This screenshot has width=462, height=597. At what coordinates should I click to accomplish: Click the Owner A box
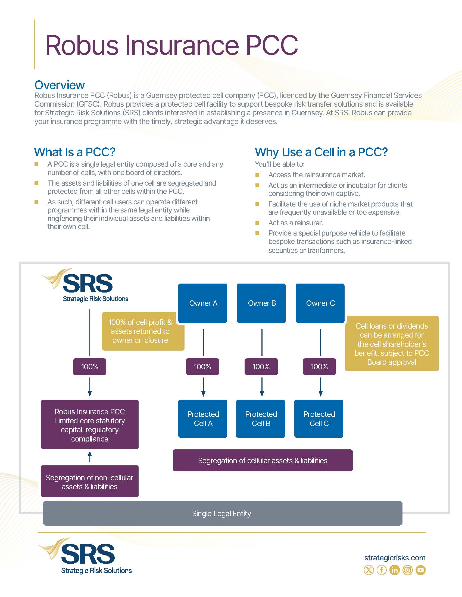[x=203, y=303]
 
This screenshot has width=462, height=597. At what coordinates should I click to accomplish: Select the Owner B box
[x=261, y=303]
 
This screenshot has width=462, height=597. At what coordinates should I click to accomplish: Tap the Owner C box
[x=320, y=303]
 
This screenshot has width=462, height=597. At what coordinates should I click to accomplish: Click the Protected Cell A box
[x=203, y=418]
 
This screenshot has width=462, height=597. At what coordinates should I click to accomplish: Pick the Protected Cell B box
[x=261, y=418]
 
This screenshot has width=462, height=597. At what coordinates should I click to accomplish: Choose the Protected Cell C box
[x=319, y=418]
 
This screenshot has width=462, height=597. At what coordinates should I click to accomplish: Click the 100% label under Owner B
[x=261, y=367]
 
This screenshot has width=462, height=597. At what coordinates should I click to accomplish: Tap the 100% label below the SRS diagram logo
[x=89, y=367]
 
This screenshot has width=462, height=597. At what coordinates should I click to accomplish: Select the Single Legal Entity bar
[x=222, y=513]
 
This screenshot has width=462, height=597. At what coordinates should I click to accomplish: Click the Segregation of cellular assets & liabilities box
[x=263, y=461]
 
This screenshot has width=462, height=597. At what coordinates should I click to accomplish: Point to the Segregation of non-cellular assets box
[x=89, y=482]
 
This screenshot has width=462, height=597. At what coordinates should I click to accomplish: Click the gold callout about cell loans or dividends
[x=392, y=344]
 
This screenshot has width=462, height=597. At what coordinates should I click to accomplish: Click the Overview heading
[x=60, y=85]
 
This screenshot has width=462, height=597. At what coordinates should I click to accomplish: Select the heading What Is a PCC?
[x=75, y=152]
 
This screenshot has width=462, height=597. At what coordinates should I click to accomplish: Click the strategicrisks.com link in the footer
[x=395, y=558]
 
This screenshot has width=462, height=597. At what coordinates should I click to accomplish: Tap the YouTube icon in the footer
[x=420, y=570]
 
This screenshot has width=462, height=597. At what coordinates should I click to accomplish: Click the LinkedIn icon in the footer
[x=394, y=570]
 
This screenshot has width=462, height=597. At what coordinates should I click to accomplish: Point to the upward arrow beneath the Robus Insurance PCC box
[x=90, y=457]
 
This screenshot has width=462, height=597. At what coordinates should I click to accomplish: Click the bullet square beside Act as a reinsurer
[x=257, y=223]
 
